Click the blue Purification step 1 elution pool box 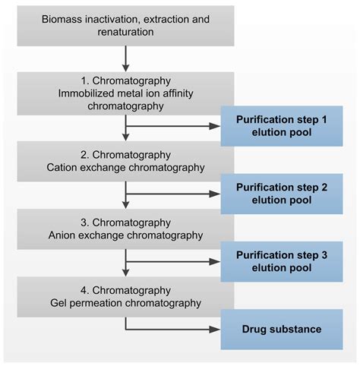[282, 126]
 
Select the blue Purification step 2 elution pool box [282, 194]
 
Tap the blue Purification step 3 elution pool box [282, 261]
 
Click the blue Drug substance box [282, 329]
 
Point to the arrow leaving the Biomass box [125, 58]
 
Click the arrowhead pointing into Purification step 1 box [215, 126]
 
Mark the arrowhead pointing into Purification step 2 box [215, 194]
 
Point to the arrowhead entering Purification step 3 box [215, 261]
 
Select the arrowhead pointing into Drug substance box [215, 329]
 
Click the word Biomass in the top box [43, 18]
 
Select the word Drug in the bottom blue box [254, 329]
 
